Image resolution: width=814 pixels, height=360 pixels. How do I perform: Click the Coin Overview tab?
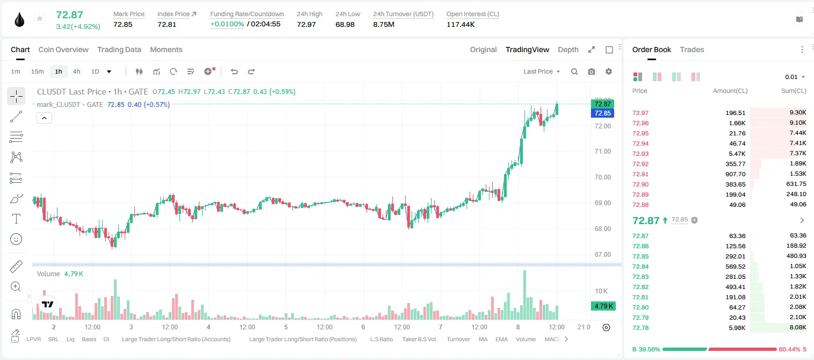[x=63, y=49]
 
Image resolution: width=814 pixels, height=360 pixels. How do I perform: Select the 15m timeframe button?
[x=37, y=71]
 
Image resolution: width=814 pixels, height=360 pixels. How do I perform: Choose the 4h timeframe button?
[x=76, y=71]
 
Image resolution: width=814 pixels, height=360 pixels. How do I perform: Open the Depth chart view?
[x=568, y=49]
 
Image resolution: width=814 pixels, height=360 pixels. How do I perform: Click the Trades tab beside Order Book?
[x=691, y=49]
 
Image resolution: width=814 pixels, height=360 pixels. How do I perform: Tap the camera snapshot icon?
[x=591, y=71]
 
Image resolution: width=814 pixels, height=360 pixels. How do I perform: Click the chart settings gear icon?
[x=609, y=71]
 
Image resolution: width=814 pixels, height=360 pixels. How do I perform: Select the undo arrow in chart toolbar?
[x=234, y=71]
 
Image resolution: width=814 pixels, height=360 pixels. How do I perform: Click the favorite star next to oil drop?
[x=40, y=18]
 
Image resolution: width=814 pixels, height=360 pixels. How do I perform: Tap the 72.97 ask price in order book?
[x=640, y=113]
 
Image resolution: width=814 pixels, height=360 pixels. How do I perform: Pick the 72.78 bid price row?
[x=640, y=328]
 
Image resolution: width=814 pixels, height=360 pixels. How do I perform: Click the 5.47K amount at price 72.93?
[x=737, y=154]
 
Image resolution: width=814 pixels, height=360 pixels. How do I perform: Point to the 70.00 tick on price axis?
[x=602, y=177]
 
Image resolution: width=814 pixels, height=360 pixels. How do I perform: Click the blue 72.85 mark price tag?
[x=602, y=113]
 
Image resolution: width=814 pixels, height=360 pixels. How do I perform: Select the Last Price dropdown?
[x=542, y=71]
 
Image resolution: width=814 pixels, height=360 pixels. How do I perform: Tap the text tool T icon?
[x=16, y=219]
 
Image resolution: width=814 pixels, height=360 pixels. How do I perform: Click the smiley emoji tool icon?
[x=16, y=239]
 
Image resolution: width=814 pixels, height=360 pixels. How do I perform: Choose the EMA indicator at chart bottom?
[x=501, y=339]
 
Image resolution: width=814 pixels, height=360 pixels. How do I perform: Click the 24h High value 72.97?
[x=306, y=24]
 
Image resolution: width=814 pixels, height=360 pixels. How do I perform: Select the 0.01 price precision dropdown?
[x=795, y=77]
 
